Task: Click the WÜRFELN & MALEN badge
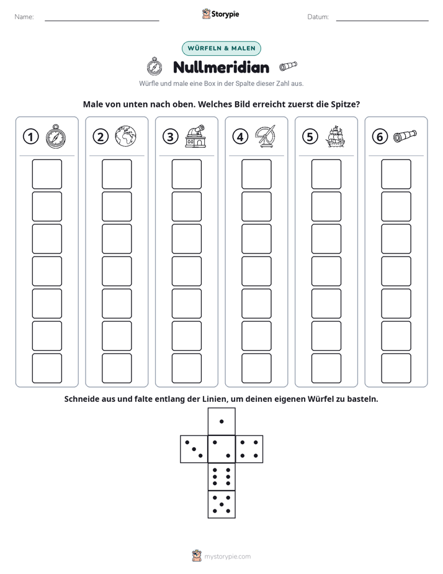click(221, 48)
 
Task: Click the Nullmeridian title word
click(221, 67)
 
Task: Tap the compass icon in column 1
click(56, 136)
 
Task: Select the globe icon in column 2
click(125, 136)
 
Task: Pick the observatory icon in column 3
click(195, 136)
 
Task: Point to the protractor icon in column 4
click(265, 136)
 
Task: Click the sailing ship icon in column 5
click(335, 136)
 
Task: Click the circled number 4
click(240, 137)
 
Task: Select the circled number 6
click(380, 137)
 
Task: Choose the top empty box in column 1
click(47, 174)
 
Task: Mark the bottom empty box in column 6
click(396, 368)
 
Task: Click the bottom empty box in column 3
click(186, 368)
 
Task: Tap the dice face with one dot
click(221, 421)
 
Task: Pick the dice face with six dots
click(221, 476)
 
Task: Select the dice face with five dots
click(221, 504)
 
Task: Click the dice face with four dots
click(249, 449)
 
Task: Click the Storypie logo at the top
click(220, 14)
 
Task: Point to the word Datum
click(318, 17)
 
